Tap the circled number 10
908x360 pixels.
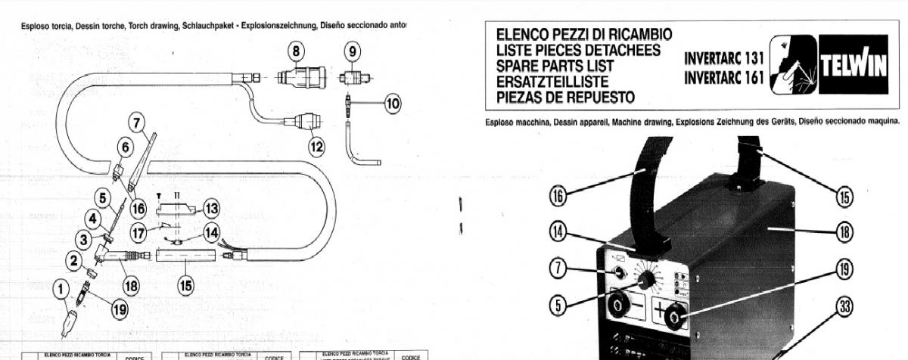[x=392, y=104]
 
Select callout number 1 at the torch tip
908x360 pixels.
[x=61, y=287]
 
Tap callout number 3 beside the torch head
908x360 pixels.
[x=81, y=240]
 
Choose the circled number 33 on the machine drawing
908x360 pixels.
[x=845, y=306]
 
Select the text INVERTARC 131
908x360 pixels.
[x=725, y=59]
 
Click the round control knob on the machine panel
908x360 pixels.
[x=645, y=281]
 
